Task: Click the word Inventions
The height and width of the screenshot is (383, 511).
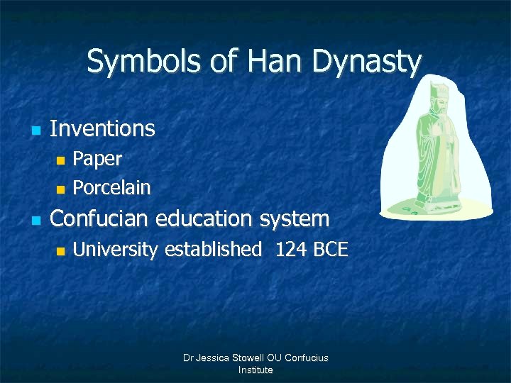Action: [x=102, y=128]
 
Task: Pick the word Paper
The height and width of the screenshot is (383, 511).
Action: [x=97, y=160]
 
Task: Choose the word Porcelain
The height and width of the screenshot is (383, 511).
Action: [x=111, y=188]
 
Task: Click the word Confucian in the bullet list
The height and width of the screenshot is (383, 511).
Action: [x=102, y=218]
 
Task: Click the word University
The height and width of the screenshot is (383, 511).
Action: [x=116, y=250]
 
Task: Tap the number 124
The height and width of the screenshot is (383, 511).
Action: [x=290, y=250]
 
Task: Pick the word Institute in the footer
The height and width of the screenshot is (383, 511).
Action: [x=255, y=370]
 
